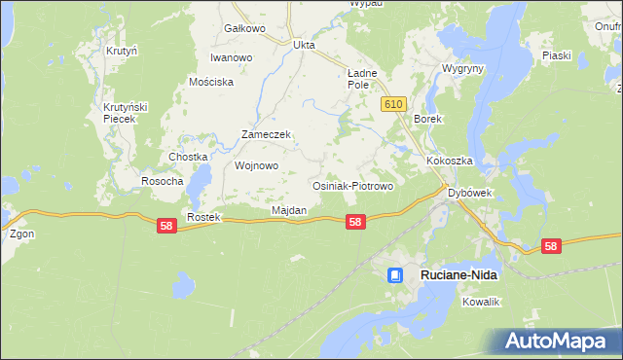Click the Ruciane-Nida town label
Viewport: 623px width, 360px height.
tap(458, 275)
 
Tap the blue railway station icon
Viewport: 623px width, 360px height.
tap(395, 275)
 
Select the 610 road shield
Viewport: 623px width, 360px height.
tap(393, 103)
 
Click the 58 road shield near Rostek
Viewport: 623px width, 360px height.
tap(166, 225)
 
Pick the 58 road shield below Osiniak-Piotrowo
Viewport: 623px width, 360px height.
tap(355, 222)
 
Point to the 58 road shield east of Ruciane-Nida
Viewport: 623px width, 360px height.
tap(551, 246)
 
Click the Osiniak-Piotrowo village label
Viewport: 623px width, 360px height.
tap(351, 186)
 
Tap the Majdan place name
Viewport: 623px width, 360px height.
tap(289, 210)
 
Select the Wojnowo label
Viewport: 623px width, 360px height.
tap(257, 165)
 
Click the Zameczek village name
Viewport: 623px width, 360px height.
tap(267, 135)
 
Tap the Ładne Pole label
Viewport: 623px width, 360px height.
tap(362, 79)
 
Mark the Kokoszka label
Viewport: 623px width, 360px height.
tap(449, 160)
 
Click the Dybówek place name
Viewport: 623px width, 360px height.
tap(469, 193)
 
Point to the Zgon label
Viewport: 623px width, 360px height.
tap(20, 234)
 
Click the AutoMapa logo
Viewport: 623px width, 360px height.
tap(558, 341)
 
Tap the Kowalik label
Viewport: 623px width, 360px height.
tap(481, 302)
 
